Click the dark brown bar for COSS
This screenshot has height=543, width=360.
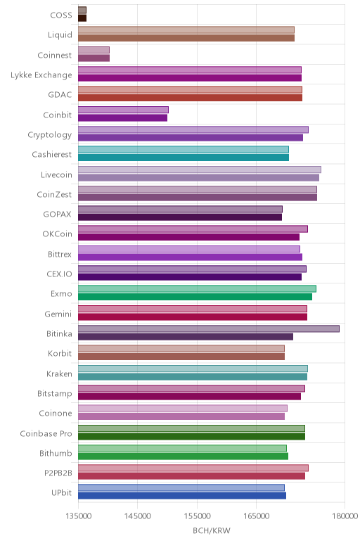pyautogui.click(x=82, y=18)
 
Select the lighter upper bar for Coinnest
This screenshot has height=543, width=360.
pyautogui.click(x=94, y=50)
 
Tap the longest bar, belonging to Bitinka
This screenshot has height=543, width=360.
pyautogui.click(x=209, y=328)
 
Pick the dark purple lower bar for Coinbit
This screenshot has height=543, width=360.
pyautogui.click(x=122, y=117)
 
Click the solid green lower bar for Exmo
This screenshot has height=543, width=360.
pyautogui.click(x=195, y=297)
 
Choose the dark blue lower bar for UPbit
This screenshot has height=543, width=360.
pyautogui.click(x=182, y=496)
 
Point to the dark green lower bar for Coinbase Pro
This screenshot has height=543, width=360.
pyautogui.click(x=191, y=436)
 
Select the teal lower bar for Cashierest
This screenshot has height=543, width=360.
pyautogui.click(x=184, y=158)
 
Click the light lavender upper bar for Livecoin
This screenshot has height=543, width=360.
pyautogui.click(x=200, y=170)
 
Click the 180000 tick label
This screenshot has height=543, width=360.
pyautogui.click(x=345, y=516)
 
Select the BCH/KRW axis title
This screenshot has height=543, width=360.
pyautogui.click(x=212, y=530)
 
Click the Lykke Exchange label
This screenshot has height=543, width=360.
pyautogui.click(x=41, y=75)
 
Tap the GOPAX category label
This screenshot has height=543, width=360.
pyautogui.click(x=57, y=215)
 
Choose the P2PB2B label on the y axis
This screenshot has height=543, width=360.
pyautogui.click(x=58, y=473)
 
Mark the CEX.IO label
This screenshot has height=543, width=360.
pyautogui.click(x=60, y=274)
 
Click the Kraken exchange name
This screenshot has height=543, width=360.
pyautogui.click(x=60, y=373)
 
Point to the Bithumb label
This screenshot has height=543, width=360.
pyautogui.click(x=56, y=453)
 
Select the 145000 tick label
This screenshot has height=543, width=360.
pyautogui.click(x=137, y=516)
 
